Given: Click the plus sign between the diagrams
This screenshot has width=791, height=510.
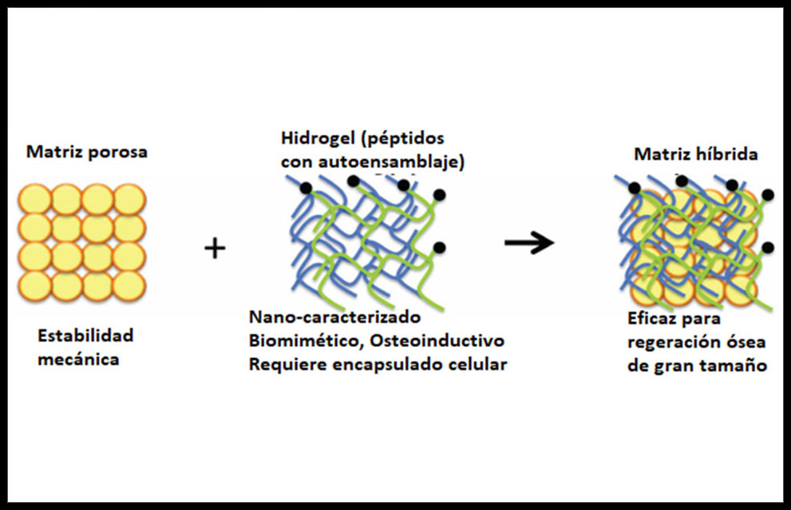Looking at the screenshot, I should (x=215, y=249).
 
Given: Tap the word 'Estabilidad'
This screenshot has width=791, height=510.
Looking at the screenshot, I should (x=85, y=335).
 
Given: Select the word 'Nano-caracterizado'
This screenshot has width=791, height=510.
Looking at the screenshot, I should (x=334, y=317).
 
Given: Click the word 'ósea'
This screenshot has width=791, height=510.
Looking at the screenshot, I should (x=748, y=343).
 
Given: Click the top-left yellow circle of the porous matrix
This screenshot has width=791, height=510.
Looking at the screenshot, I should (x=34, y=198).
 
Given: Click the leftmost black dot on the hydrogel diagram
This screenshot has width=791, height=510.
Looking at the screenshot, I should (x=306, y=189).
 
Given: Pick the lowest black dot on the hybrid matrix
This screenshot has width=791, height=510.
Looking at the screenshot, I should (x=768, y=247).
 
